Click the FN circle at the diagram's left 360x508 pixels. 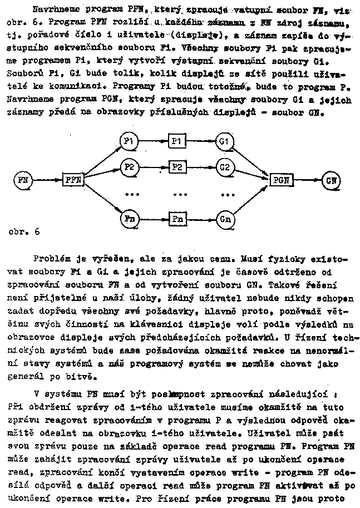pyautogui.click(x=23, y=180)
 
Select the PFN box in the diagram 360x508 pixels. pyautogui.click(x=73, y=180)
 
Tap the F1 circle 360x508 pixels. pyautogui.click(x=129, y=142)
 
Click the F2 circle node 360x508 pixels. pyautogui.click(x=129, y=166)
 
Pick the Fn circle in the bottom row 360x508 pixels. pyautogui.click(x=129, y=218)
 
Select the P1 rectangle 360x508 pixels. pyautogui.click(x=176, y=142)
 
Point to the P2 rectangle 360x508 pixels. pyautogui.click(x=176, y=166)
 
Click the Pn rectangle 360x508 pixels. pyautogui.click(x=177, y=218)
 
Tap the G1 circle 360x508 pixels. pyautogui.click(x=224, y=142)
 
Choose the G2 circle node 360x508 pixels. pyautogui.click(x=224, y=166)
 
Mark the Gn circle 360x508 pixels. pyautogui.click(x=224, y=218)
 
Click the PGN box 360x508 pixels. pyautogui.click(x=281, y=180)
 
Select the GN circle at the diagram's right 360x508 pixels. pyautogui.click(x=331, y=180)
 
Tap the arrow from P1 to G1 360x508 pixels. pyautogui.click(x=200, y=142)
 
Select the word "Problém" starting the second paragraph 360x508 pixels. pyautogui.click(x=51, y=259)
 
